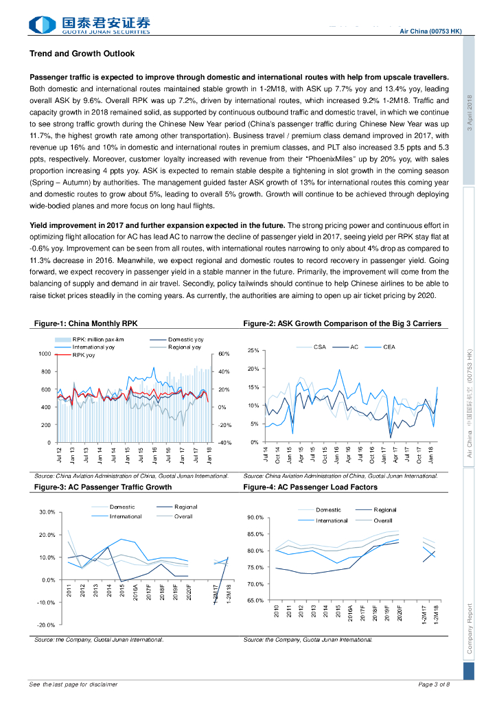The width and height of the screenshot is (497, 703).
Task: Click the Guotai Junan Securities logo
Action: click(89, 25)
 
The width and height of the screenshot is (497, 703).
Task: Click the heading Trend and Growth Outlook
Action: click(82, 54)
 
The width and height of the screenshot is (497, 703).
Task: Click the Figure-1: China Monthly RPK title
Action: click(91, 323)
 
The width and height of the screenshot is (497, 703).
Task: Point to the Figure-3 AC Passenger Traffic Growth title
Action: click(103, 487)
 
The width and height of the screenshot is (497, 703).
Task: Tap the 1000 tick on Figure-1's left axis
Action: click(43, 354)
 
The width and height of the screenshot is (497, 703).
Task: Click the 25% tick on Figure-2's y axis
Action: click(253, 351)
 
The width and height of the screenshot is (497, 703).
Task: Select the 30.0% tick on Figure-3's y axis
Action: click(45, 512)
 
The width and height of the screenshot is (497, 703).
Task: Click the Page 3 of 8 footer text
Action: click(434, 684)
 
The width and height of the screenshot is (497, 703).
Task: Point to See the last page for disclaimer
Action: click(73, 684)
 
